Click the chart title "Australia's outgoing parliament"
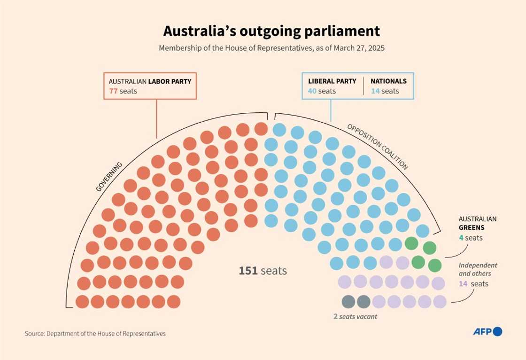pos(271,31)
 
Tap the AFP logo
pos(487,332)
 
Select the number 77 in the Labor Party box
pos(113,91)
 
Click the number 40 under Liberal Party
pos(312,91)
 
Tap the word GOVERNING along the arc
pos(109,177)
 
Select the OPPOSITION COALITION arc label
pos(378,146)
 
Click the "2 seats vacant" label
pos(355,317)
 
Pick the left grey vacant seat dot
pos(348,301)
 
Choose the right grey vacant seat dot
pos(364,301)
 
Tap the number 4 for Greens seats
pos(461,238)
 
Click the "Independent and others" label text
pos(478,269)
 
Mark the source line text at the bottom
pos(95,333)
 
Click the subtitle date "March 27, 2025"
pos(359,48)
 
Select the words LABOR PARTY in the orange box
pos(170,81)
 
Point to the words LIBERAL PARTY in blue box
pos(332,81)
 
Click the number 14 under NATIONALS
pos(375,91)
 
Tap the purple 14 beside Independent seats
pos(464,284)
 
